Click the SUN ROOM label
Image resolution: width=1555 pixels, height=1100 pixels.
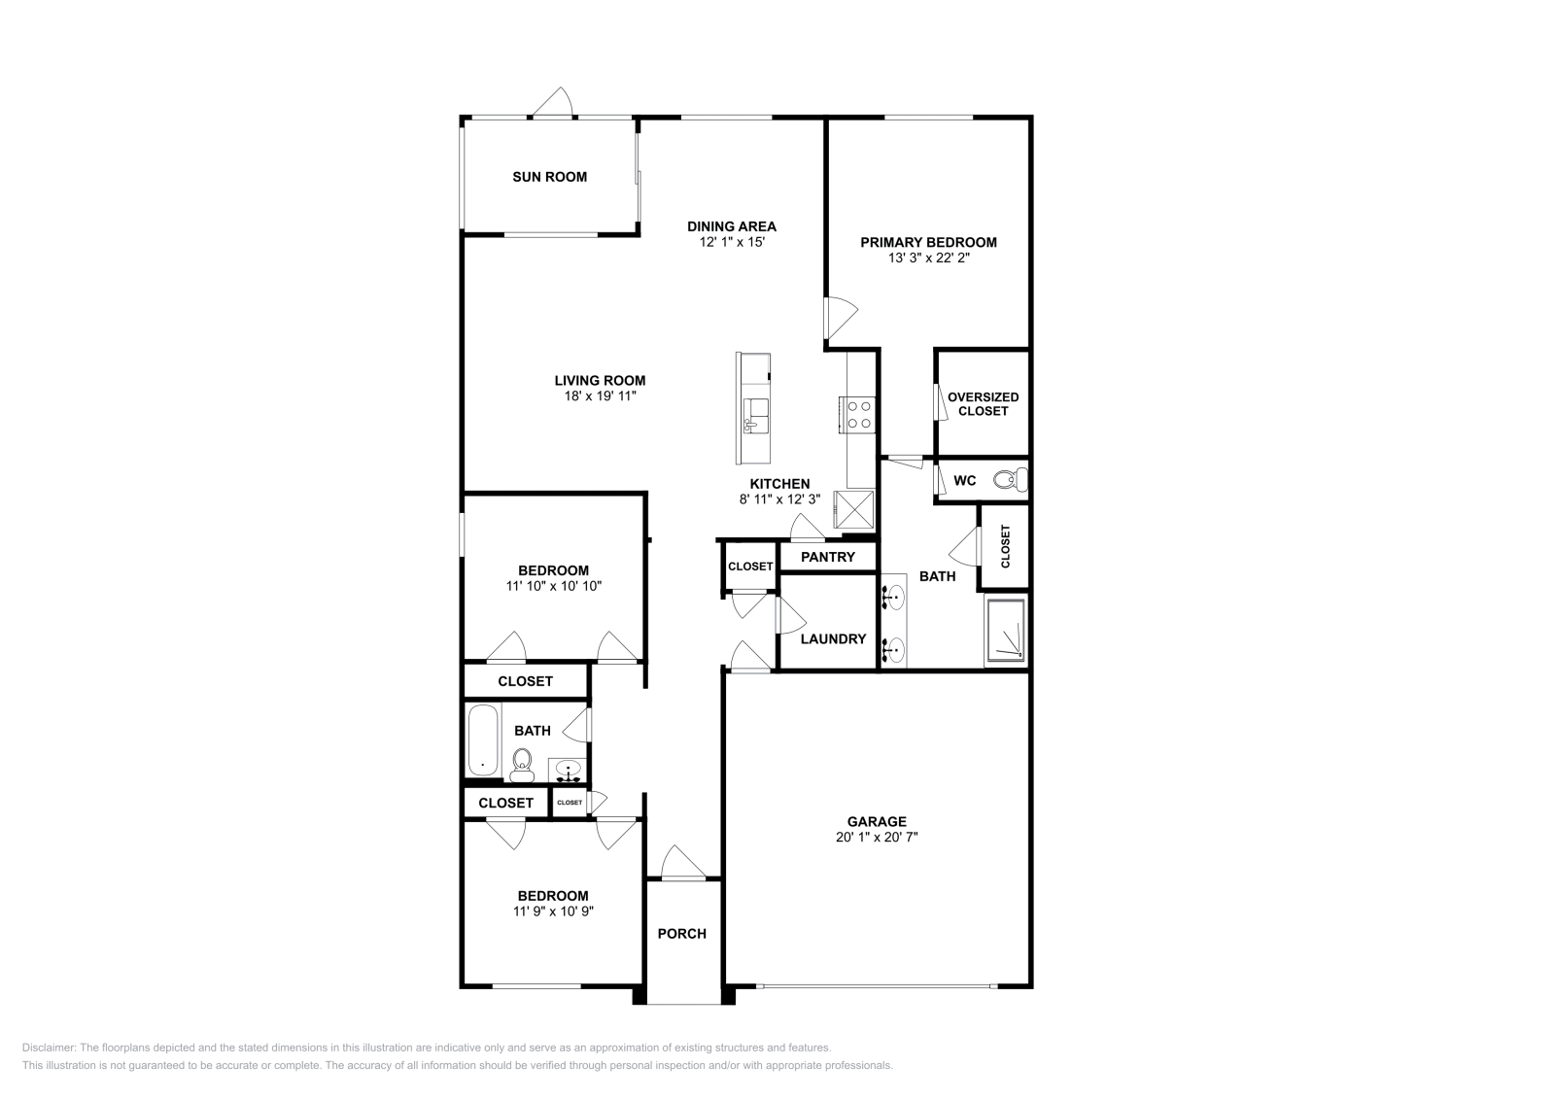point(549,177)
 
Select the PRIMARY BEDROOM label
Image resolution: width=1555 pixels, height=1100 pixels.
point(928,242)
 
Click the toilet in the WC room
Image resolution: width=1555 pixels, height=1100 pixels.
point(1015,479)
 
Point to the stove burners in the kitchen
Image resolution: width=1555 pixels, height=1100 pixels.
point(858,415)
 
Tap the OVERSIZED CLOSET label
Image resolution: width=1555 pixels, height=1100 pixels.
point(983,403)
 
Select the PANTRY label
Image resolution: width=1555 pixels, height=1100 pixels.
point(828,557)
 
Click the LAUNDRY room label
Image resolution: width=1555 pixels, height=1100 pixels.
point(833,638)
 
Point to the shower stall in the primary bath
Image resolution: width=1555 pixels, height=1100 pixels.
point(1005,631)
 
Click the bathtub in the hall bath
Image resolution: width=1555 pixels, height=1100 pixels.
point(482,740)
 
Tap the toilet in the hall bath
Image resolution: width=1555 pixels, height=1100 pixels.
point(522,765)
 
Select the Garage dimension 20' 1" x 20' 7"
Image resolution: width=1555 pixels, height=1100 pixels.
point(877,837)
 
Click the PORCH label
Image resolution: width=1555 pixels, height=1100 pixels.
point(681,934)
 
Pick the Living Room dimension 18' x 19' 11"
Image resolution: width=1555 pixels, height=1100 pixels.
point(600,396)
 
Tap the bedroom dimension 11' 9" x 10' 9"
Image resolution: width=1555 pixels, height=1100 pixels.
point(553,911)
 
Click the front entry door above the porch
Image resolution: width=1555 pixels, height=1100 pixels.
point(682,863)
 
